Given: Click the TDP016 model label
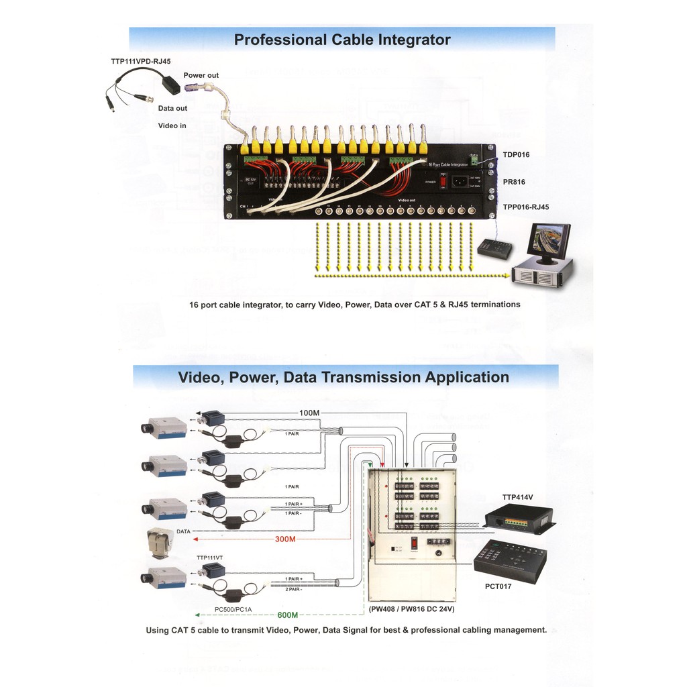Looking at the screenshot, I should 516,155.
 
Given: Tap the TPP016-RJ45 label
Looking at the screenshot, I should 525,207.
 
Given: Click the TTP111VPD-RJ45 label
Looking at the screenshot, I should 141,62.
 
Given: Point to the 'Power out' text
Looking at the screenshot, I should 201,76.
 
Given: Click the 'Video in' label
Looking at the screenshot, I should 172,125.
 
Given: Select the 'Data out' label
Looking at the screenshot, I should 172,108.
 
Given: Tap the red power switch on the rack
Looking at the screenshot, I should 443,182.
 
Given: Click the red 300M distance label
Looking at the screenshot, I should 285,539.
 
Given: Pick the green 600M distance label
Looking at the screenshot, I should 287,615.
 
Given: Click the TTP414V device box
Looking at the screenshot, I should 519,518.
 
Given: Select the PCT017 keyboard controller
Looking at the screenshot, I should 510,560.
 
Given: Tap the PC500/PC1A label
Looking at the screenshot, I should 233,609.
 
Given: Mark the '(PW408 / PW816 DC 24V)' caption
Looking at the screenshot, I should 412,609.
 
